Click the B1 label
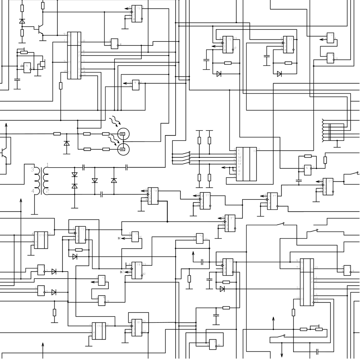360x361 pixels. [119, 238]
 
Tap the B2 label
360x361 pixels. [121, 272]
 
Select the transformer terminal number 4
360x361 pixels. [33, 191]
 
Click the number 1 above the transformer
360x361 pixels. [47, 165]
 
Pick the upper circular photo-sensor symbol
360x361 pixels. [123, 133]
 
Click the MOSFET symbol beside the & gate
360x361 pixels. [42, 64]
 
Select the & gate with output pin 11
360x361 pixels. [41, 290]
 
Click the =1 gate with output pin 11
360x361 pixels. [200, 238]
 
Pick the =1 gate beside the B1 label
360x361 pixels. [135, 237]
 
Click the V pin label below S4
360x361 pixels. [239, 174]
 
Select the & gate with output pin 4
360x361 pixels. [114, 44]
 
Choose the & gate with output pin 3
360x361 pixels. [308, 170]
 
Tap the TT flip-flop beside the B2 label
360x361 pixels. [137, 270]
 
